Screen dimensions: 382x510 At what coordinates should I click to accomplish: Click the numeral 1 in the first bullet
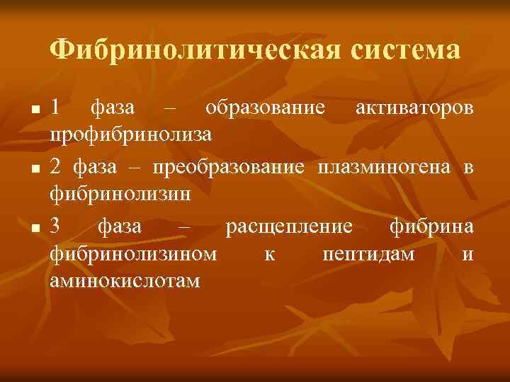click(56, 108)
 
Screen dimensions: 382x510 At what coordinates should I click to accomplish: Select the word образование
click(265, 108)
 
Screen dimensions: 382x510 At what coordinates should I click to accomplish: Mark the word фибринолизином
click(134, 254)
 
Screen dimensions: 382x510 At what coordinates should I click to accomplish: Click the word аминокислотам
click(125, 281)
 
